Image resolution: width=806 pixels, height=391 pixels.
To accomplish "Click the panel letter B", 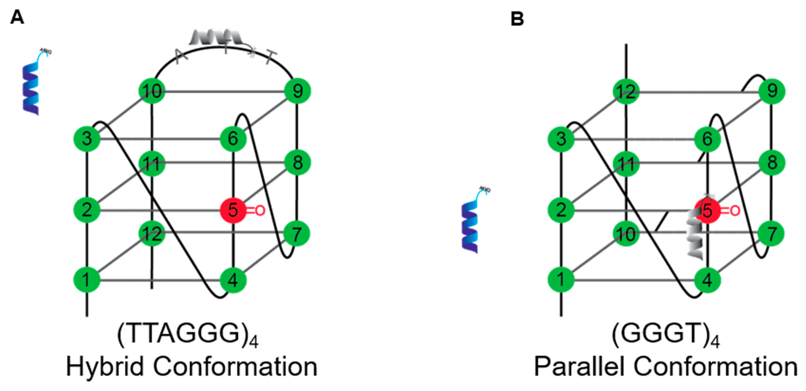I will pos(517,19).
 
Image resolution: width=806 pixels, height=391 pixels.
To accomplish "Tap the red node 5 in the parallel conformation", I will pos(708,211).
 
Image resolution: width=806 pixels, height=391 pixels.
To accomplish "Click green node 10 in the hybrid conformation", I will pos(152,91).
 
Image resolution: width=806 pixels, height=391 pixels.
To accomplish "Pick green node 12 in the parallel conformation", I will pos(626,92).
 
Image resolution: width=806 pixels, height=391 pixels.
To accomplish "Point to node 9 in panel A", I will pos(297,91).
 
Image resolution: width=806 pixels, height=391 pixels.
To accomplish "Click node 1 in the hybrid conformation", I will pos(87,279).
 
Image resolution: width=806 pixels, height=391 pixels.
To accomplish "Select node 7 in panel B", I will pos(772,233).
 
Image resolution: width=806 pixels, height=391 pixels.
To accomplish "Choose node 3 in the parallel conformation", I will pos(561,139).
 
